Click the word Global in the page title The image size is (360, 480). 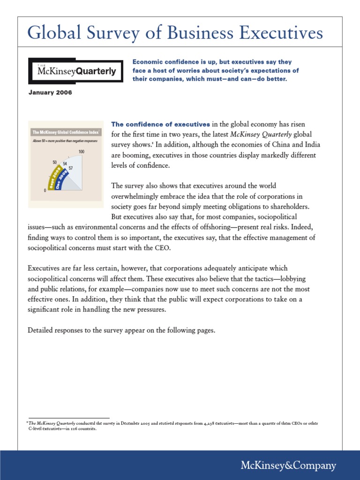point(52,33)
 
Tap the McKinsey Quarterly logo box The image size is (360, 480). point(76,71)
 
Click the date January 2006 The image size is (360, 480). point(50,93)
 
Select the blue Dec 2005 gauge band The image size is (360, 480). point(60,180)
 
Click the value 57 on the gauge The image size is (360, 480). point(71,167)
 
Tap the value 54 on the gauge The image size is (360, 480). point(65,164)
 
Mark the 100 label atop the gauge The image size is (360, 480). point(81,151)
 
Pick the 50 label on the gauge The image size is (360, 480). point(55,162)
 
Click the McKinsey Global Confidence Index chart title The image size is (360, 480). point(65,133)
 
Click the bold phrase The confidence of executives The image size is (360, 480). point(160,124)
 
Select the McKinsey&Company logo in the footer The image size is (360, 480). point(288,465)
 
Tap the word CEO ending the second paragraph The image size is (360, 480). point(163,248)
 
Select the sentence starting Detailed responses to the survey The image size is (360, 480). point(121,330)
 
